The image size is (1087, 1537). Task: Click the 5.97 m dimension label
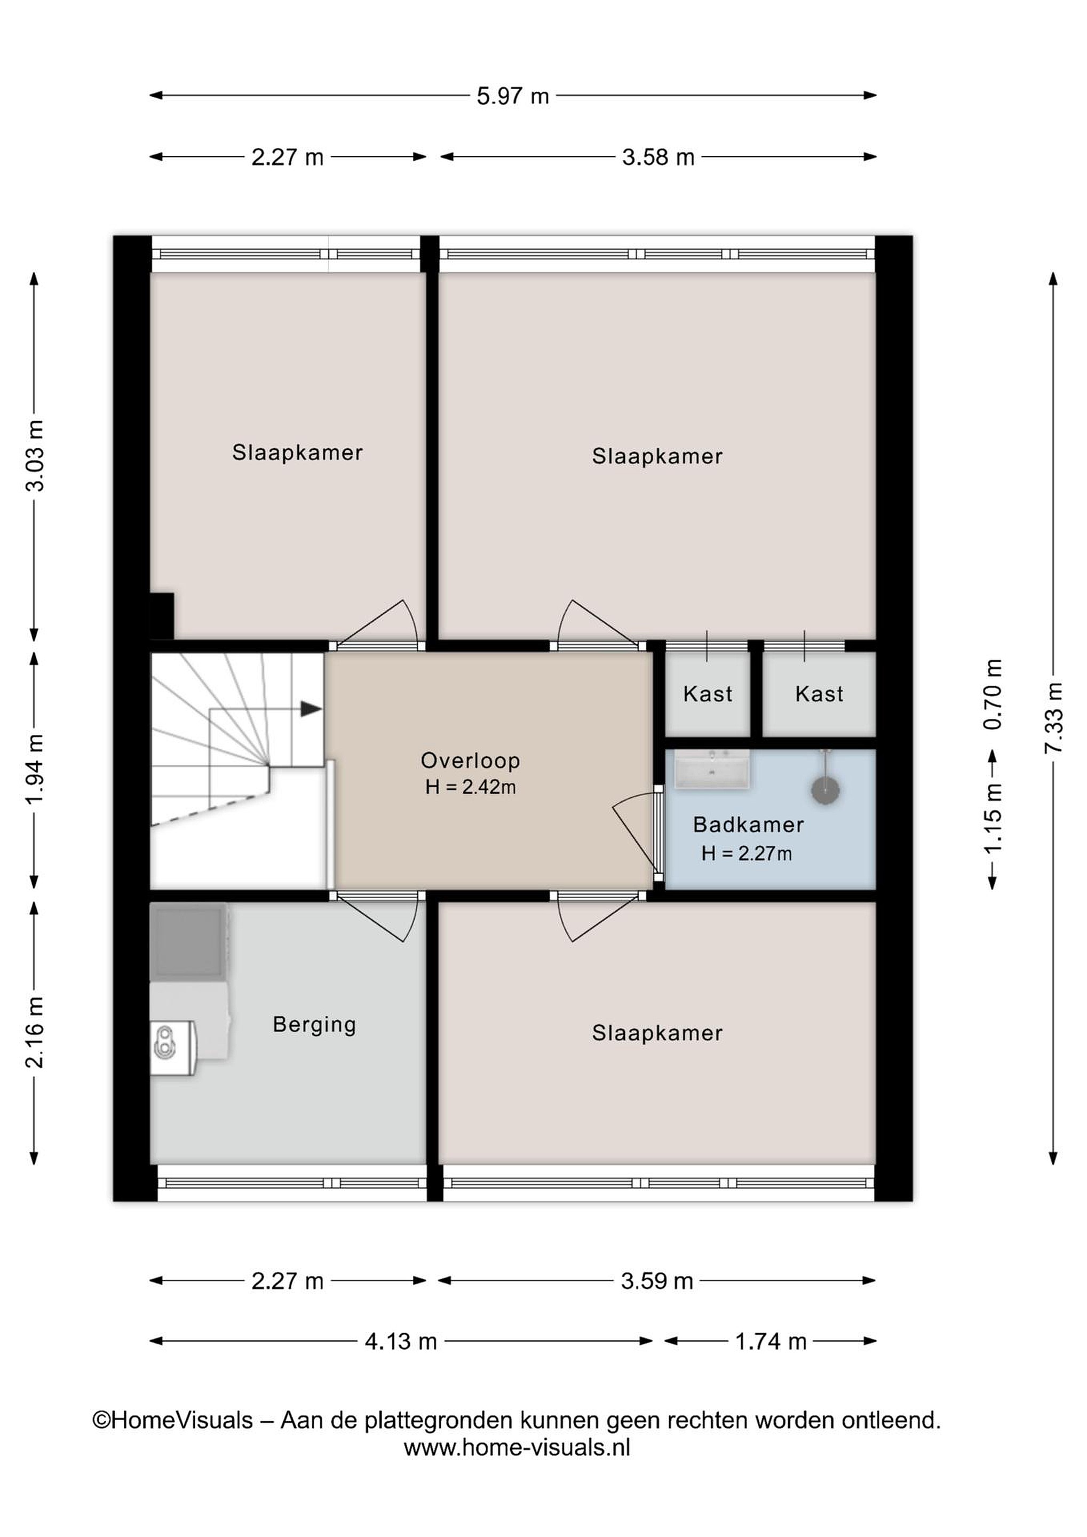[513, 96]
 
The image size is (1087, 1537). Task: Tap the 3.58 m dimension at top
[658, 157]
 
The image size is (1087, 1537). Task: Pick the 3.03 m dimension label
[35, 456]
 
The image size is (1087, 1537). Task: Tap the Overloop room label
[470, 760]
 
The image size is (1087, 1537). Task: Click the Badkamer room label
[748, 824]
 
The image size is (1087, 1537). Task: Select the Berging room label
[314, 1025]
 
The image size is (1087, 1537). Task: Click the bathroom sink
[711, 769]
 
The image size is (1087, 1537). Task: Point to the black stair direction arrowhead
[311, 709]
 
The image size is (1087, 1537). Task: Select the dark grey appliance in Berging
[189, 942]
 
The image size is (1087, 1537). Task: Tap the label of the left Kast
[708, 694]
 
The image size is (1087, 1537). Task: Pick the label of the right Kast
[819, 694]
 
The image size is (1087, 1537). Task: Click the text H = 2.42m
[470, 787]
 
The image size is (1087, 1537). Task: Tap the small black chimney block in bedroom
[162, 616]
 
